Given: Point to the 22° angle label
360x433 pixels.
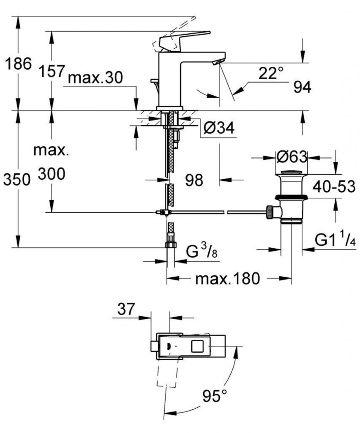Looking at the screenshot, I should coord(270,74).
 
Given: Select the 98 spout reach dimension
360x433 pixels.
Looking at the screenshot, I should coord(194,180).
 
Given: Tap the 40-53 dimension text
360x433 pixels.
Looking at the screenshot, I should coord(334,186).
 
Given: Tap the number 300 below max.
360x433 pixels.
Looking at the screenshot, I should coord(52,173).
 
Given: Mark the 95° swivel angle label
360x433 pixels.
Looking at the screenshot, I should coord(215,396).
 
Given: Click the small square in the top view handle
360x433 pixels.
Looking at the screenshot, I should coord(197,346).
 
